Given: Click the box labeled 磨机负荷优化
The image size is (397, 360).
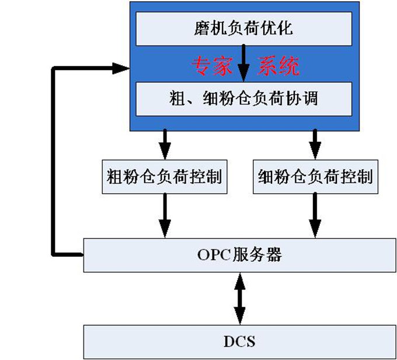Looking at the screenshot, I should coord(243,28).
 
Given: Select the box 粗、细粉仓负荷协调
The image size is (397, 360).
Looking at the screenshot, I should coord(243,99).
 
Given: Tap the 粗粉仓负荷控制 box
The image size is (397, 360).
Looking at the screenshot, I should coord(165,176).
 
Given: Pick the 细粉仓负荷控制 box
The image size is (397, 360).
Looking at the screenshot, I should coord(316,176).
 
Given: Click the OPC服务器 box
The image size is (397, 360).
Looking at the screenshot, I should coord(239,255).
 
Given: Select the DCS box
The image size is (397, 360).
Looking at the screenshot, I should coord(239,341).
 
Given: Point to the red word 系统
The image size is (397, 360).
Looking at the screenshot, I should coord(278,67).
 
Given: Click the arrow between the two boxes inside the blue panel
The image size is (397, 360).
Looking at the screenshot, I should coord(244,64).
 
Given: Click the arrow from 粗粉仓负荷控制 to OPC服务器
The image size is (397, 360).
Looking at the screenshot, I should coord(165,216).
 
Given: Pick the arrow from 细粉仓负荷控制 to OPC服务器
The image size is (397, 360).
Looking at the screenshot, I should coord(316,216).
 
